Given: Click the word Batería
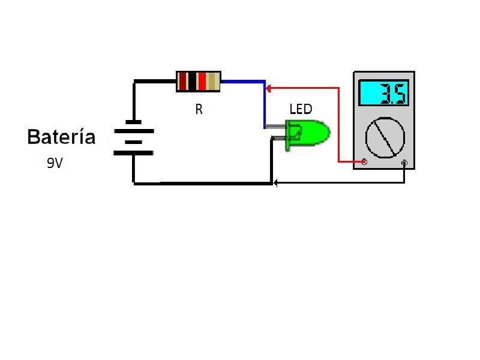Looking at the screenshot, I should point(61,137).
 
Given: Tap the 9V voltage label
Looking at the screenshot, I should point(55,163).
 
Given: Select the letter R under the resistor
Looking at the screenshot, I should point(199,110).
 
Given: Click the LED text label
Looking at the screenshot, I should point(301,109).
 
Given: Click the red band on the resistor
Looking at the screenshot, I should point(202,81).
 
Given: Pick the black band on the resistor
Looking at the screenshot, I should point(192,81).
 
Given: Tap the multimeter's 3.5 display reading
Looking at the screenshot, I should point(384,93).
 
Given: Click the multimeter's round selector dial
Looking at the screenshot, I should point(385,137).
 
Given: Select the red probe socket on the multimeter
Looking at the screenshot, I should point(364,162).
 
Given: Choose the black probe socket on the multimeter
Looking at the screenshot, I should point(404,163).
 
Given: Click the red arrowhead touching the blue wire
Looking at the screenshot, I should point(269,88).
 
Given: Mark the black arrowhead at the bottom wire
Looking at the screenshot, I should point(275,182).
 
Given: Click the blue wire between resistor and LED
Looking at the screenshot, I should point(242,81).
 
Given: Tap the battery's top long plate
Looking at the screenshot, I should point(133,131).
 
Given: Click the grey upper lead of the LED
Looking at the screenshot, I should point(276,127).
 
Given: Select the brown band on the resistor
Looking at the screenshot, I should point(183,81).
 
